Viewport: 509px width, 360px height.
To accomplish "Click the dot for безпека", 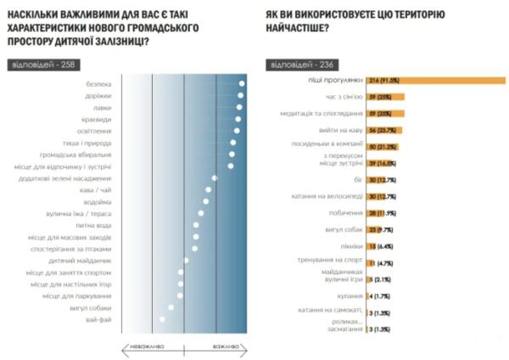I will [x=242, y=83].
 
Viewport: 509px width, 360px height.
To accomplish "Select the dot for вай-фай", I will [x=162, y=319].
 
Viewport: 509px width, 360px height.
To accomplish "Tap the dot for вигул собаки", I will [x=171, y=307].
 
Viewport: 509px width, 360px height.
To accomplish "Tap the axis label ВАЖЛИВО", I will [x=227, y=346].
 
